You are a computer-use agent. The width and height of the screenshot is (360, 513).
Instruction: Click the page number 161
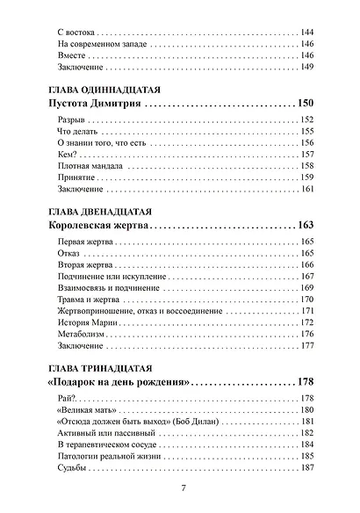tap(307, 189)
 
